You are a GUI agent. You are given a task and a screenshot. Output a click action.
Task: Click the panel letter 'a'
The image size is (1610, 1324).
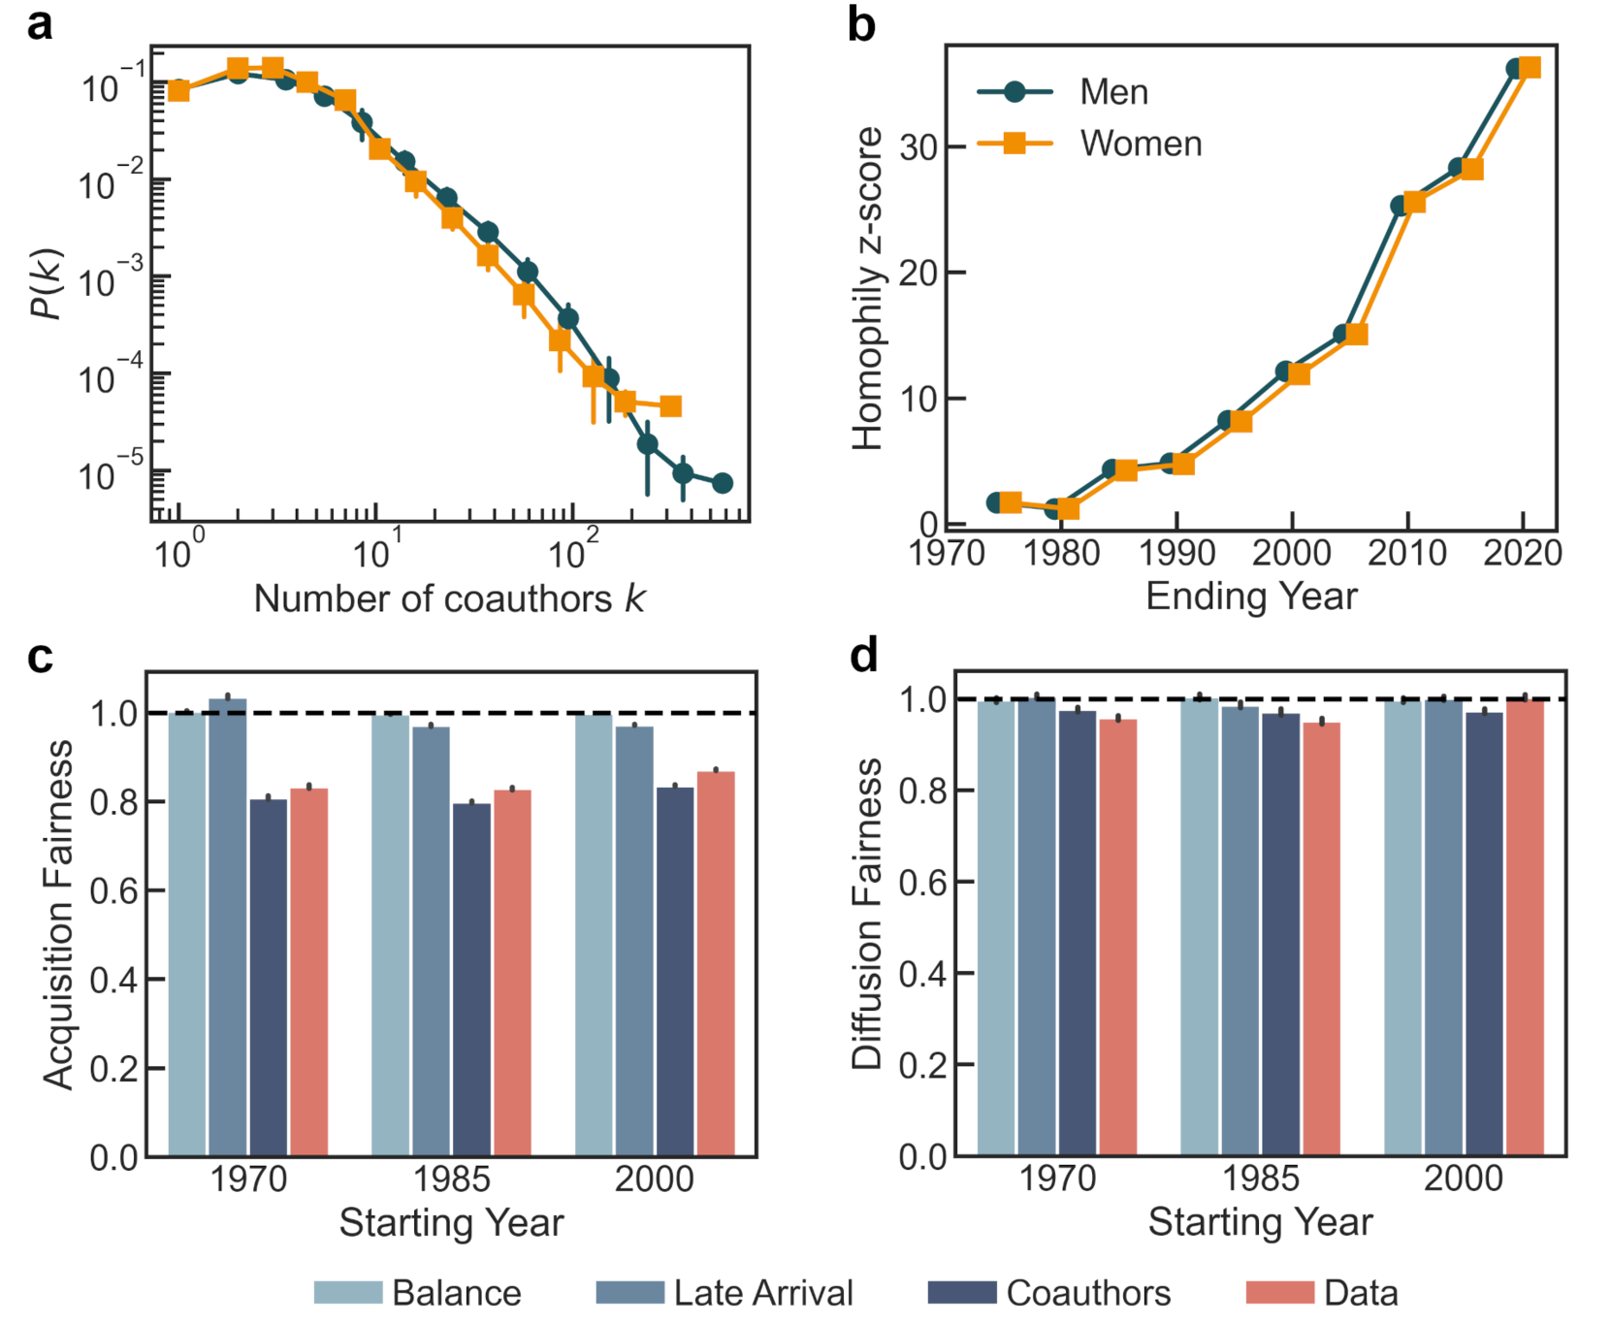tap(40, 23)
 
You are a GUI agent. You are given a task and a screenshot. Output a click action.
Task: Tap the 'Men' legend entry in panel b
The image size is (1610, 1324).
tap(1113, 92)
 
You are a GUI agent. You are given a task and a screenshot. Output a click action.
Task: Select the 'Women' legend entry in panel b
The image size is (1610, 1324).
tap(1141, 144)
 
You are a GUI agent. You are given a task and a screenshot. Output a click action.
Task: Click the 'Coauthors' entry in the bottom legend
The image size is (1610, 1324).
tap(1088, 1293)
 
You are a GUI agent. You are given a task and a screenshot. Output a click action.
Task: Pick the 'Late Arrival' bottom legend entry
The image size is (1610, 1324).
tap(763, 1293)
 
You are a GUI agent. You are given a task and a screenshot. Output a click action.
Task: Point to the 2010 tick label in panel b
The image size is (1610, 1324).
tap(1406, 553)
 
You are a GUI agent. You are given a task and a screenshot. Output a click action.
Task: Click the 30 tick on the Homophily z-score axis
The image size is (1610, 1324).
tap(918, 147)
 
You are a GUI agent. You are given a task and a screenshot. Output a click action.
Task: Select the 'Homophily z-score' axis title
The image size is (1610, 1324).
tap(868, 288)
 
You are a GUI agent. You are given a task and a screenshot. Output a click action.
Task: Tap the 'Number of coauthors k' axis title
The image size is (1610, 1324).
tap(449, 598)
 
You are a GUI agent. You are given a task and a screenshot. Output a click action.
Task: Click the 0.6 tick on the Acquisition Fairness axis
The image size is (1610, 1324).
tap(114, 891)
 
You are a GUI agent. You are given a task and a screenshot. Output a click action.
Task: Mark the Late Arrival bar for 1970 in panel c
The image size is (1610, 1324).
tap(228, 926)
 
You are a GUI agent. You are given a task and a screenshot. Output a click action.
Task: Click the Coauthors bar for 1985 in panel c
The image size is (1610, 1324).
tap(471, 980)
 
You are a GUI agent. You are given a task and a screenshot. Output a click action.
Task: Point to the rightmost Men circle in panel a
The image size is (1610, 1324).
tap(722, 483)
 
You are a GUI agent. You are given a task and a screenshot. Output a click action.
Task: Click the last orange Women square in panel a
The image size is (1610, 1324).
tap(670, 405)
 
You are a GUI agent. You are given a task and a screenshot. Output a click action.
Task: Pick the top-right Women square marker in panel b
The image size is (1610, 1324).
tap(1529, 67)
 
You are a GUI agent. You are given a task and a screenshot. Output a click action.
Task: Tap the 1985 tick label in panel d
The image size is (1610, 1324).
tap(1260, 1179)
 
